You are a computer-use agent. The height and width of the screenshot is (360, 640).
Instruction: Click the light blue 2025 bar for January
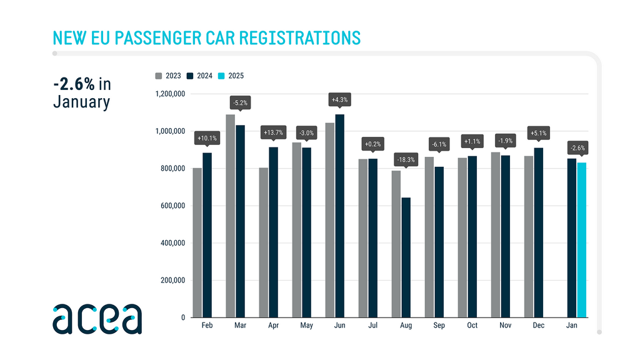tap(582, 240)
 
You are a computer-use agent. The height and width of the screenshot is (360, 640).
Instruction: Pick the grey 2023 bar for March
tap(231, 216)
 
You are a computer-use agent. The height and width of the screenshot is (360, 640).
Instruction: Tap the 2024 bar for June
tap(340, 216)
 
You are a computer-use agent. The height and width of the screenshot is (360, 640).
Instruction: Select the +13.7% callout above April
tap(274, 132)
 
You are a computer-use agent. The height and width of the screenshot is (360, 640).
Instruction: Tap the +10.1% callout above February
tap(207, 138)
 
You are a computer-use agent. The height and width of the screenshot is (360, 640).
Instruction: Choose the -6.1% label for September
tap(439, 144)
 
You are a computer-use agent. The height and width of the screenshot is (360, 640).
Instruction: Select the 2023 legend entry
tap(169, 76)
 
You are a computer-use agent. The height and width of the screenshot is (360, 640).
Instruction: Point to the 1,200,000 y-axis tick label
tap(167, 94)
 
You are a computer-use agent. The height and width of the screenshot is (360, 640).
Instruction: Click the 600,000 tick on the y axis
tap(171, 206)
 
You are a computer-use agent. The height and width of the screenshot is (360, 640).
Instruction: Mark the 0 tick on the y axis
tap(182, 317)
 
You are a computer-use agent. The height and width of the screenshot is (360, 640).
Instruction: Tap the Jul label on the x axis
tap(373, 326)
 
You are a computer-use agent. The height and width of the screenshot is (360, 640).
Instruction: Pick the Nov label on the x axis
tap(506, 326)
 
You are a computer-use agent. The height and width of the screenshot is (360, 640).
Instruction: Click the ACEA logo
tap(97, 319)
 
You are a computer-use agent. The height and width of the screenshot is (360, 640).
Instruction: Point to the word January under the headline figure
tap(81, 102)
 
